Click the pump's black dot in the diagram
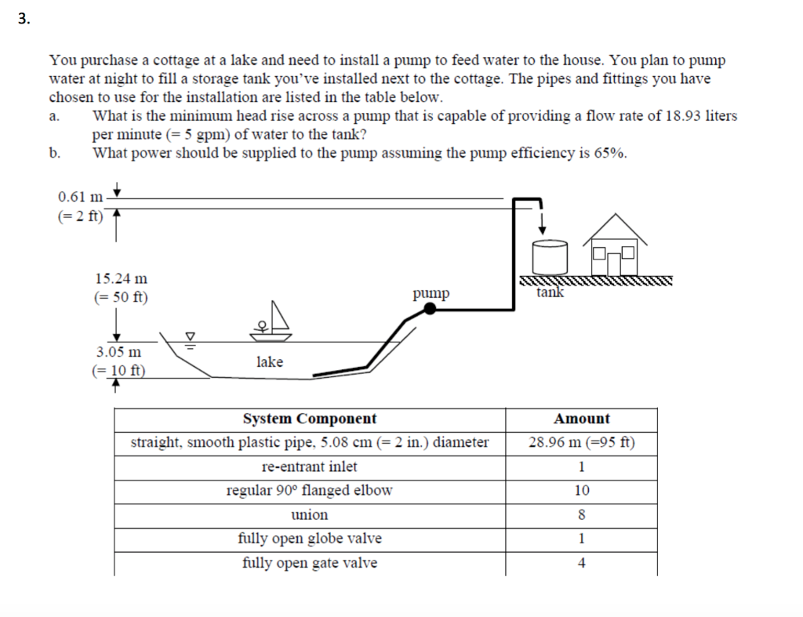(430, 309)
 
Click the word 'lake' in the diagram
(269, 361)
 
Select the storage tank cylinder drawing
(548, 257)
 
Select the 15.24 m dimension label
(121, 278)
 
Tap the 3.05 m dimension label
(119, 352)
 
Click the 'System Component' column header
(310, 419)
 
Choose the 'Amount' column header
(581, 419)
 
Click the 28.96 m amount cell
(581, 442)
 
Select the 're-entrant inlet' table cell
(310, 466)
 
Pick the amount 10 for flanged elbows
(581, 491)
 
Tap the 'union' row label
(310, 515)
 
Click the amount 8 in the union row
(581, 515)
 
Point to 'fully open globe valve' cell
(310, 539)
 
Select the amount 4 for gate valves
(581, 563)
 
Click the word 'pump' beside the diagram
(431, 293)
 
